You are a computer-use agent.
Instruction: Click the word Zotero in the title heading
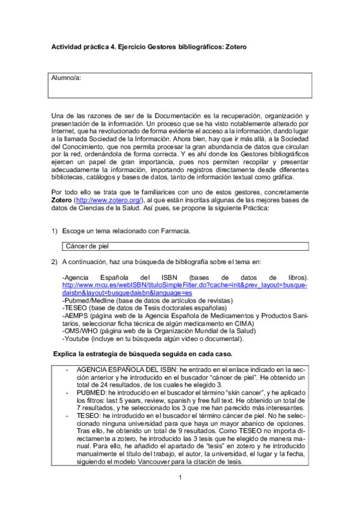point(234,47)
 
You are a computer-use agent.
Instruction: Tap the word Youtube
point(78,339)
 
